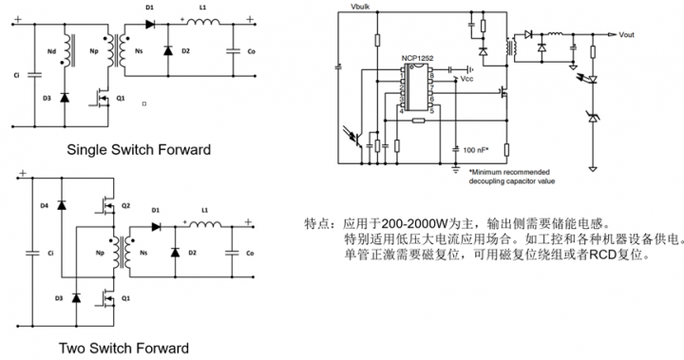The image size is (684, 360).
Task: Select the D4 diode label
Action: pyautogui.click(x=44, y=204)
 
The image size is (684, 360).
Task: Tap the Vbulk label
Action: pyautogui.click(x=361, y=8)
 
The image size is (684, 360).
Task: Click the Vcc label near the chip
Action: pyautogui.click(x=466, y=80)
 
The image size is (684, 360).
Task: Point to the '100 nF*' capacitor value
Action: pyautogui.click(x=475, y=150)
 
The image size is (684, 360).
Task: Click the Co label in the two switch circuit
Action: pyautogui.click(x=250, y=254)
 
